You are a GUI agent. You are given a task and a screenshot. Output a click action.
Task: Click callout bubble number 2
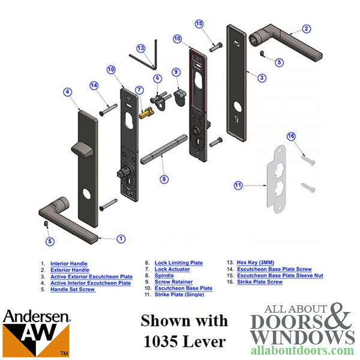pyautogui.click(x=307, y=29)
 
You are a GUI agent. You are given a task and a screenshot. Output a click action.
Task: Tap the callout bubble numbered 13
pyautogui.click(x=141, y=47)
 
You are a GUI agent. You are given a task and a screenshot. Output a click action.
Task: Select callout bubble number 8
pyautogui.click(x=164, y=179)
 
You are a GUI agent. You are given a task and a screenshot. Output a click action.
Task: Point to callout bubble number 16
pyautogui.click(x=291, y=136)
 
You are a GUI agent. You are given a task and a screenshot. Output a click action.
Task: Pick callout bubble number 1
pyautogui.click(x=122, y=239)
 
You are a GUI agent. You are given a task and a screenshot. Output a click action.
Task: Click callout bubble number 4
pyautogui.click(x=68, y=92)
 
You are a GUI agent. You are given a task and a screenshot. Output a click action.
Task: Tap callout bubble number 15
pyautogui.click(x=200, y=23)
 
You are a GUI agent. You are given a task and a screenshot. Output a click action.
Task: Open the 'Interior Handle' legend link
pyautogui.click(x=68, y=263)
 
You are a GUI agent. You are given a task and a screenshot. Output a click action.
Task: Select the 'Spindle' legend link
pyautogui.click(x=164, y=276)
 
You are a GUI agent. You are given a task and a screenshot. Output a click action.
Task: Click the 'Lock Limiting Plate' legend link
pyautogui.click(x=178, y=263)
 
